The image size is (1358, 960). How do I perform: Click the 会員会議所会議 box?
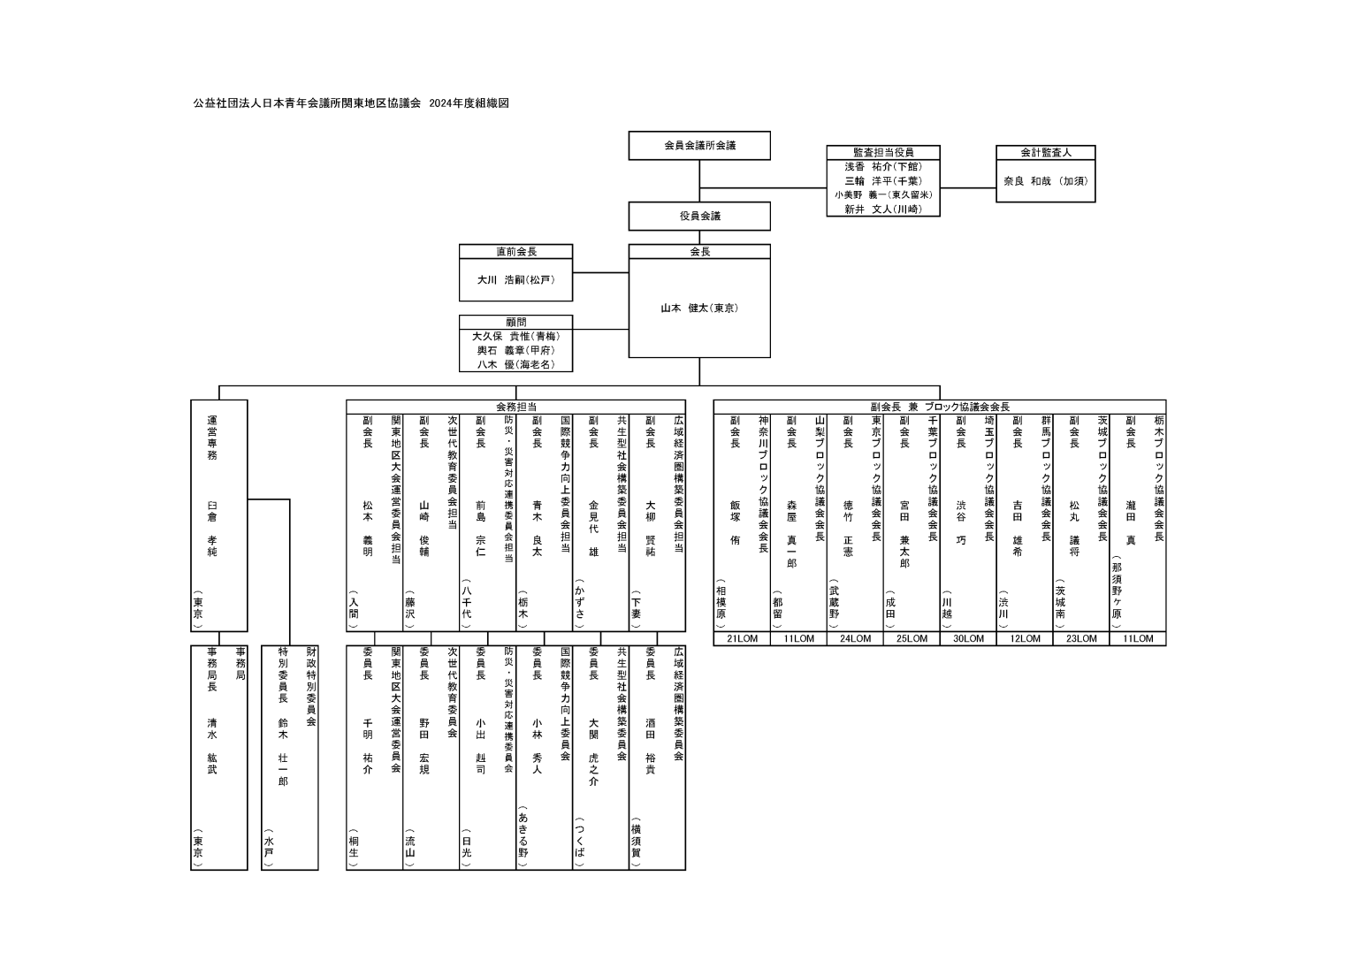tap(699, 145)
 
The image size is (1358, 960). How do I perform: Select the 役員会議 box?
tap(699, 216)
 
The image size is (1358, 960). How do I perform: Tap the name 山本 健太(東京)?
tap(699, 308)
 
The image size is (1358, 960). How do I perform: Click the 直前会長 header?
tap(515, 252)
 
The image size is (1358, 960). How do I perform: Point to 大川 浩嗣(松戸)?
tap(515, 279)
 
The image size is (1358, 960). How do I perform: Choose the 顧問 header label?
tap(515, 323)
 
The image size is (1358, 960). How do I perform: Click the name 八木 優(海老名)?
tap(515, 363)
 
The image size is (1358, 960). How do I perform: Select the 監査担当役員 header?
tap(882, 152)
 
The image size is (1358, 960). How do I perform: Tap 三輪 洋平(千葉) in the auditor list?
tap(882, 180)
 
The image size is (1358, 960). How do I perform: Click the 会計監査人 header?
tap(1045, 152)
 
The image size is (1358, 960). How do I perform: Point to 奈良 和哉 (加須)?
tap(1045, 180)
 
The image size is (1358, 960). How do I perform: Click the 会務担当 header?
tap(515, 407)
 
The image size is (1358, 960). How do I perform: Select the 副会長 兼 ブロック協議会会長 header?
tap(939, 407)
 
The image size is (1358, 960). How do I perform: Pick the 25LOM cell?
tap(911, 638)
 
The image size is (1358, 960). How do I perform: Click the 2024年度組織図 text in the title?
tap(469, 103)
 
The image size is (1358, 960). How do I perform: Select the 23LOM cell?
tap(1080, 638)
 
